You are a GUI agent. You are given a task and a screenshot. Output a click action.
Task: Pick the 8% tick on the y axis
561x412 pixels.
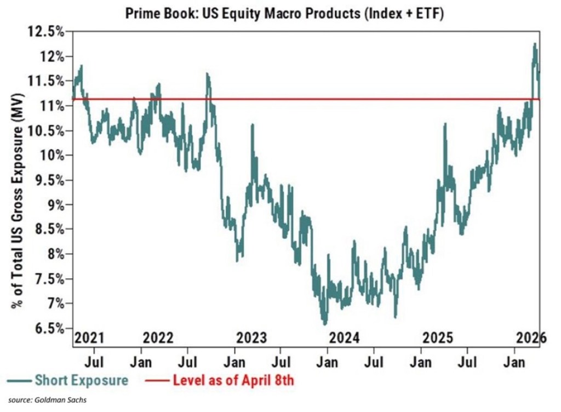[x=54, y=254]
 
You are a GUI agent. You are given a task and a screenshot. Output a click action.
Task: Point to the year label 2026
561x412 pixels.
[x=530, y=337]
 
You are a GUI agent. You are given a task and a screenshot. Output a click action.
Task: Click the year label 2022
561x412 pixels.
[x=158, y=337]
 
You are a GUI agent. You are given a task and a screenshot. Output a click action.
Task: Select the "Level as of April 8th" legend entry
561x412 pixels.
[x=233, y=380]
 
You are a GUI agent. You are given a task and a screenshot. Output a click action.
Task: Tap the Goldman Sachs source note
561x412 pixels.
[x=43, y=402]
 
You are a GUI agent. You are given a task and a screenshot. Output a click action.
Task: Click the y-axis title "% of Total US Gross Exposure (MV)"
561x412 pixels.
[x=17, y=197]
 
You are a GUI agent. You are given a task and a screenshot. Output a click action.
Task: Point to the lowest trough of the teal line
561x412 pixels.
[x=325, y=324]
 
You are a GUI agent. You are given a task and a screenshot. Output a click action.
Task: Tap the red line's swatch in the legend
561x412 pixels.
[x=157, y=380]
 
